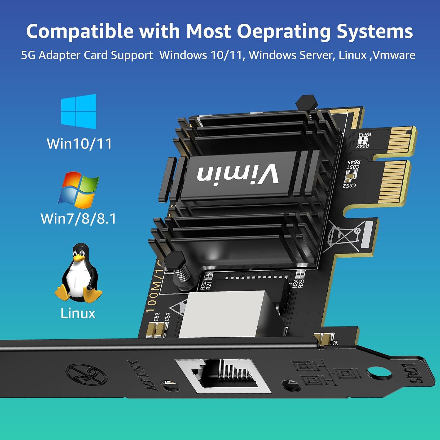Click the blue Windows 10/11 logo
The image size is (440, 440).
point(79,111)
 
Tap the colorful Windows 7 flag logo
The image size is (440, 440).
point(79,189)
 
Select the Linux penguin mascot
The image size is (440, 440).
point(78,273)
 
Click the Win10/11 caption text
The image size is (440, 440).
point(79,144)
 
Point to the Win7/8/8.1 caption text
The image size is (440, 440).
point(78,219)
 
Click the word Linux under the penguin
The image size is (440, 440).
point(78,313)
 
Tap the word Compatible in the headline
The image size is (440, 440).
point(80,31)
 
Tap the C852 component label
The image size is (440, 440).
point(349,185)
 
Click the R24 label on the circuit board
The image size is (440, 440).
point(295,283)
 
